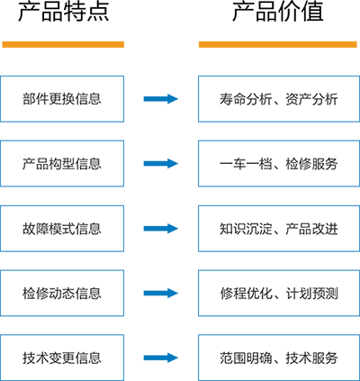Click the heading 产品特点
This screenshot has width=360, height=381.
(x=64, y=12)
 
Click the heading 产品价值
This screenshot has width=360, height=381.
(x=278, y=12)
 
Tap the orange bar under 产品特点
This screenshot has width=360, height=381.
(x=63, y=44)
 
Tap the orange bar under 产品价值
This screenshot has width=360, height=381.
(x=278, y=44)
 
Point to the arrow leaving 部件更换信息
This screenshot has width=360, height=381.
(x=161, y=99)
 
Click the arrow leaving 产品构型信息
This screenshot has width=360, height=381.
(x=161, y=163)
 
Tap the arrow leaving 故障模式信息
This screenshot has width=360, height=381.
(x=161, y=229)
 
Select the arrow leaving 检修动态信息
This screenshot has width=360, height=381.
(x=161, y=293)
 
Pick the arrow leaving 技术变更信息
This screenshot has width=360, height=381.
(x=161, y=358)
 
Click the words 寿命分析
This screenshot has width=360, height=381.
(x=246, y=99)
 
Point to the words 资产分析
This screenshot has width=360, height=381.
(x=311, y=99)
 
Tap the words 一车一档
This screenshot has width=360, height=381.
(x=246, y=164)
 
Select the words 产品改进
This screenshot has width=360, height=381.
(x=311, y=229)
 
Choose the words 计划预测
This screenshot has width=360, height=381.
(x=311, y=294)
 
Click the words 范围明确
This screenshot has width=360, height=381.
(x=246, y=358)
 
